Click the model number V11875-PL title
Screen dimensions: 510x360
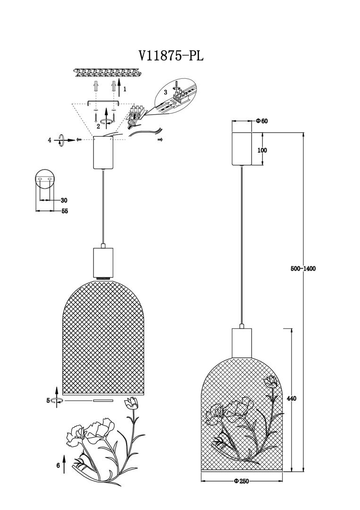pyautogui.click(x=171, y=56)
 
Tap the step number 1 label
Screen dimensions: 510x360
pyautogui.click(x=125, y=88)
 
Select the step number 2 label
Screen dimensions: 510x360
pyautogui.click(x=98, y=126)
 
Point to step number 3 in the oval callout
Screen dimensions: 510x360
pyautogui.click(x=166, y=93)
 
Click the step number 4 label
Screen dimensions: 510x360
pyautogui.click(x=49, y=140)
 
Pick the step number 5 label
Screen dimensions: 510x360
pyautogui.click(x=48, y=400)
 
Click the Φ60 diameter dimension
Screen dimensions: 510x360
pyautogui.click(x=261, y=121)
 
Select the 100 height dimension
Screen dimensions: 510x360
pyautogui.click(x=262, y=150)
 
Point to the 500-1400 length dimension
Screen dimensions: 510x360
pyautogui.click(x=303, y=269)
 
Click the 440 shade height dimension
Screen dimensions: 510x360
pyautogui.click(x=292, y=399)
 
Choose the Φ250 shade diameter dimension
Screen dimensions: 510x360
pyautogui.click(x=241, y=481)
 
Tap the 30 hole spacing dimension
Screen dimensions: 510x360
pyautogui.click(x=64, y=200)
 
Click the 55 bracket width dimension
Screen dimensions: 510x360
pyautogui.click(x=65, y=211)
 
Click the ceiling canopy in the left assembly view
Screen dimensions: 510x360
pyautogui.click(x=104, y=152)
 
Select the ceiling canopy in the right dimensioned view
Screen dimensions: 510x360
pyautogui.click(x=248, y=148)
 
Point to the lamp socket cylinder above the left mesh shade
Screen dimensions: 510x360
pyautogui.click(x=103, y=262)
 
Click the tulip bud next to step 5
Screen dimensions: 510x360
pyautogui.click(x=131, y=403)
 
